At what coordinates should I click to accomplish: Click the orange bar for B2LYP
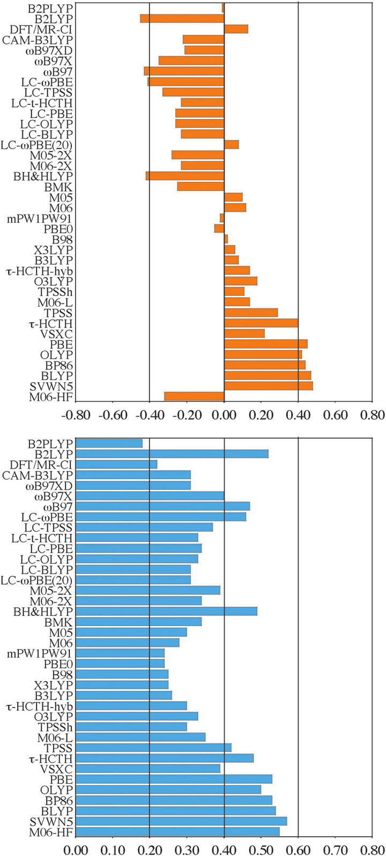pyautogui.click(x=182, y=18)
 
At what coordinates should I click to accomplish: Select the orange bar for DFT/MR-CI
pyautogui.click(x=236, y=29)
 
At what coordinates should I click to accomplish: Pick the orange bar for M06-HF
pyautogui.click(x=194, y=397)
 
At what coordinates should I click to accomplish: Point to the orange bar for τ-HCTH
pyautogui.click(x=261, y=323)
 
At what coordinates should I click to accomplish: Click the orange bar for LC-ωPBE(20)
pyautogui.click(x=231, y=144)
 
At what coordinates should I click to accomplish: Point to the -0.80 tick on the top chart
pyautogui.click(x=75, y=415)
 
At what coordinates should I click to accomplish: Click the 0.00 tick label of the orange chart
pyautogui.click(x=224, y=415)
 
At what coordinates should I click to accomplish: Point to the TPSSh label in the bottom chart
pyautogui.click(x=56, y=727)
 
